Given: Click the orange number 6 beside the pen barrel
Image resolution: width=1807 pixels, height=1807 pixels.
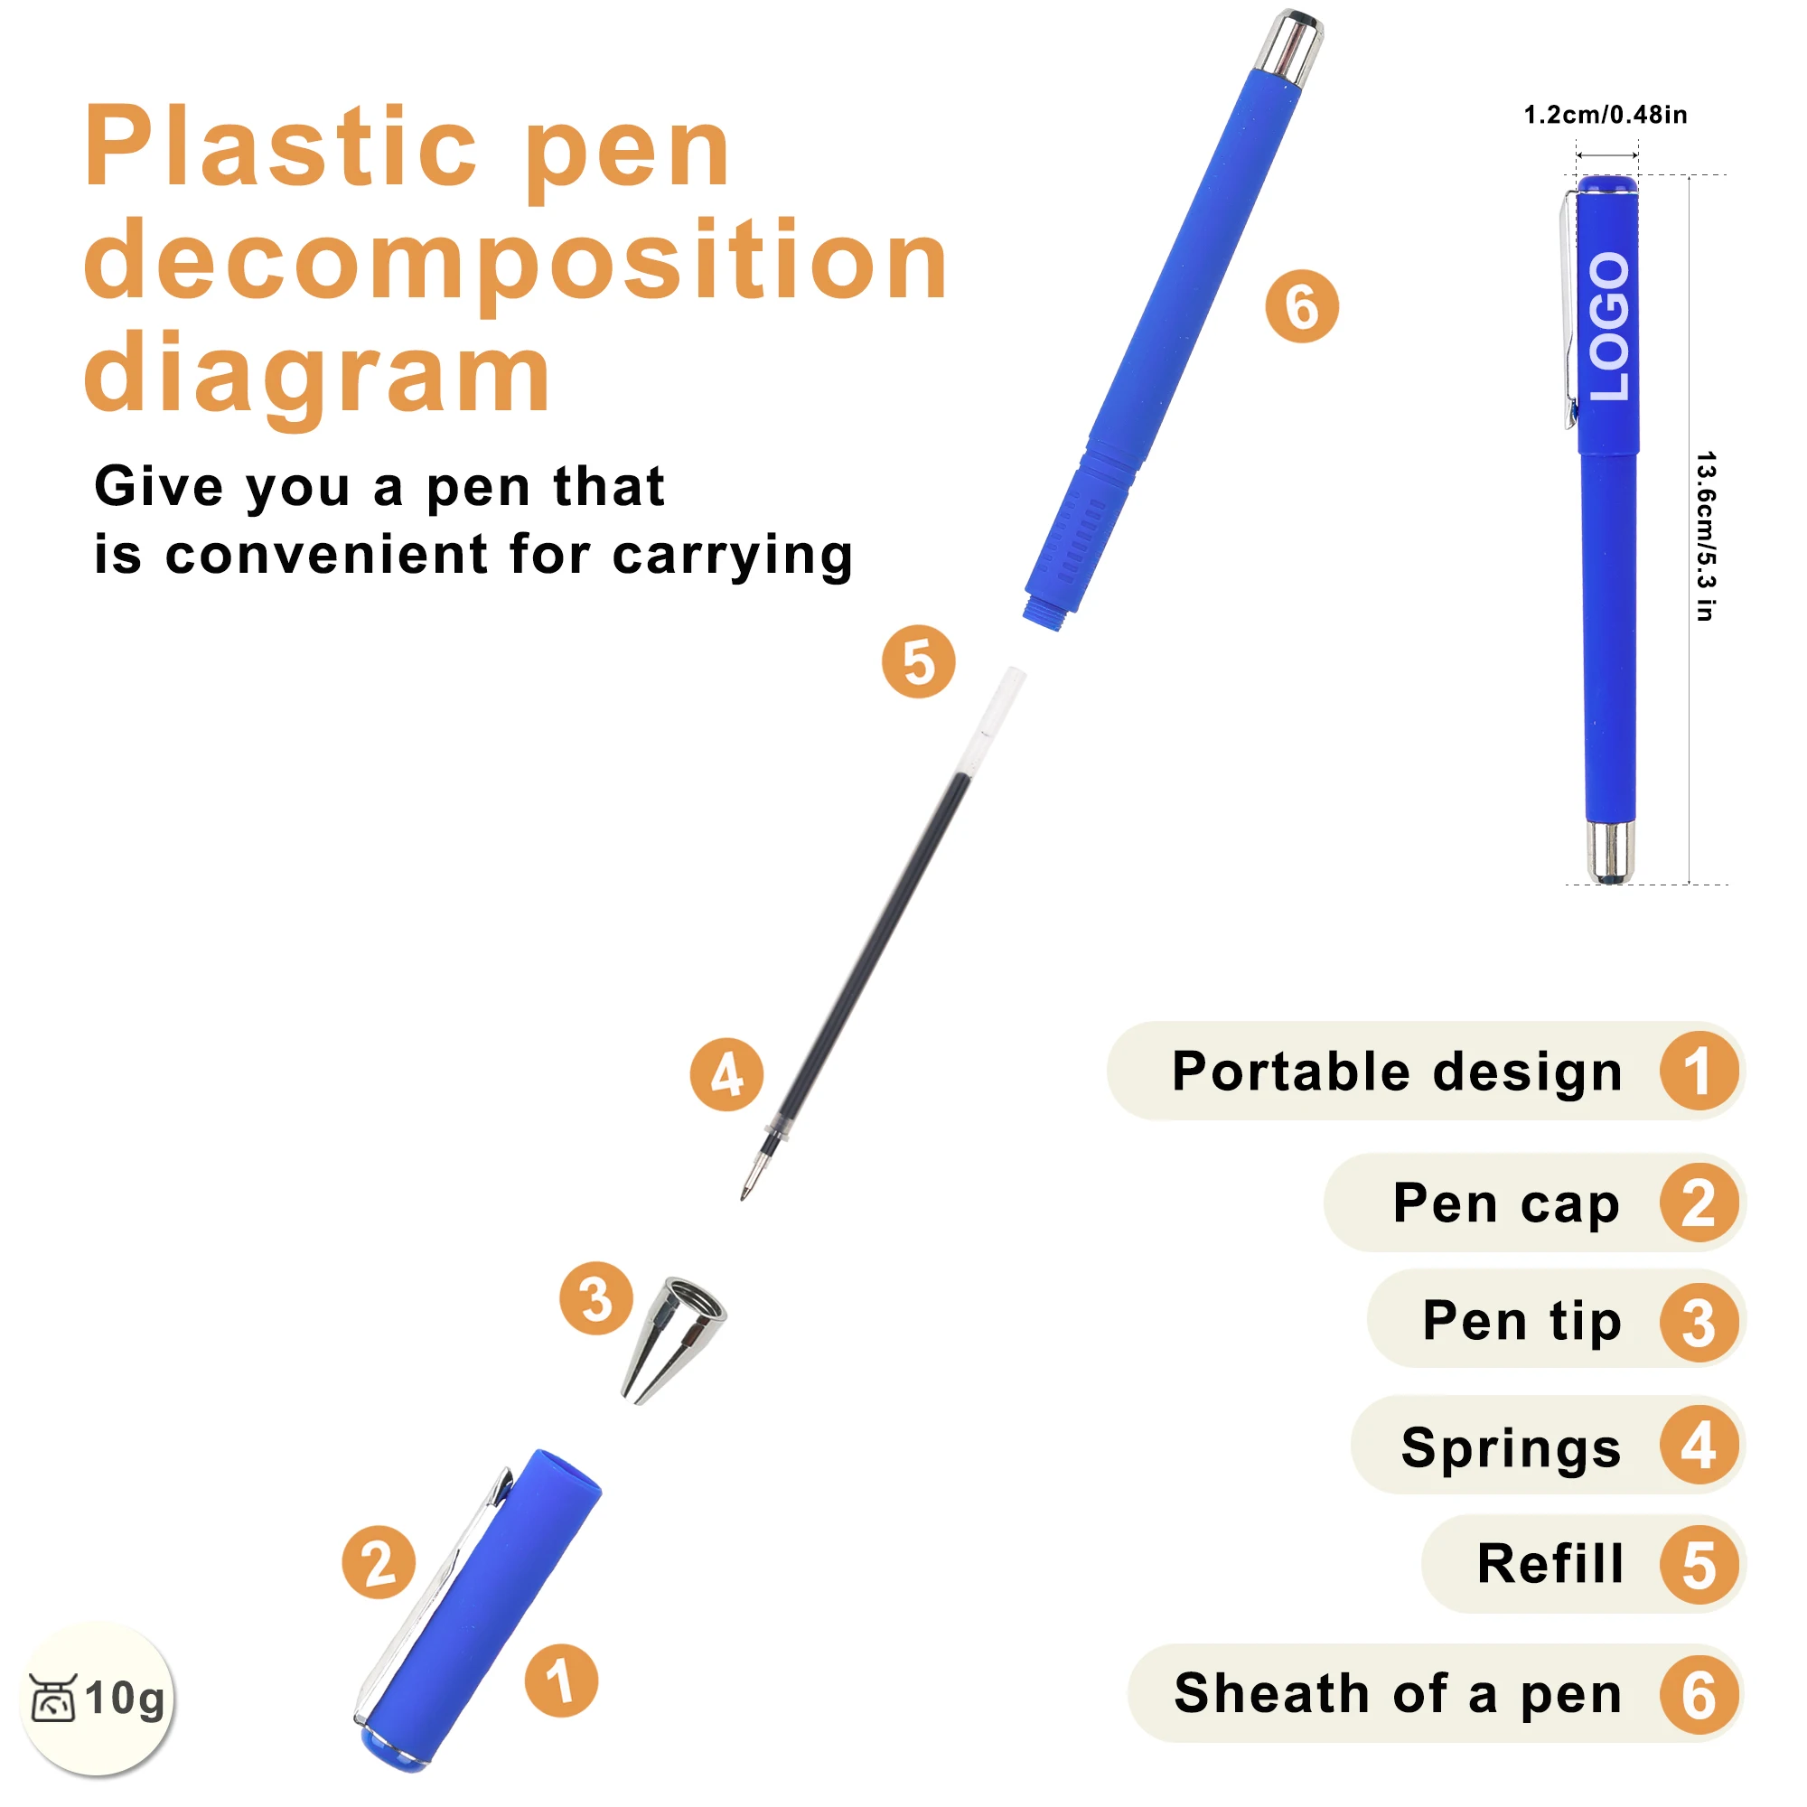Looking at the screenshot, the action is pos(1302,306).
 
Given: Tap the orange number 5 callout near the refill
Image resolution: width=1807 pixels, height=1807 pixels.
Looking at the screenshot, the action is pos(919,661).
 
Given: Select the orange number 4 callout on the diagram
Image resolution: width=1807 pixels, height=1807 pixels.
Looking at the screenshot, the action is pos(726,1074).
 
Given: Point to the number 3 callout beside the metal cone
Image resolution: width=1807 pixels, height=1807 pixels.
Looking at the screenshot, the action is pos(595,1298).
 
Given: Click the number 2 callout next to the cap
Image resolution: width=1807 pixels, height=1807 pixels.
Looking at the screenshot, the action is pos(379,1562).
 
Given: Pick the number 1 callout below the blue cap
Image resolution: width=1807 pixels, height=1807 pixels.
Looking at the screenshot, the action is pos(561,1681).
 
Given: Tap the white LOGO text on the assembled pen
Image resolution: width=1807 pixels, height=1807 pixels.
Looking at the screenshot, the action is pos(1610,326).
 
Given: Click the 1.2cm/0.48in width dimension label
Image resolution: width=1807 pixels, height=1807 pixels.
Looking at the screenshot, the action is pos(1606,115).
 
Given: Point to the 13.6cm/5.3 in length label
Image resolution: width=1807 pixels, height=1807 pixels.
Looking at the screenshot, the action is pos(1705,536).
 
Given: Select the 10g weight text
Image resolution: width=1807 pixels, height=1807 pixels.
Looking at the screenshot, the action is pos(125,1699).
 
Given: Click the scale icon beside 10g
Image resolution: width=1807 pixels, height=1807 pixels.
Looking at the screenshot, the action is pos(53,1698).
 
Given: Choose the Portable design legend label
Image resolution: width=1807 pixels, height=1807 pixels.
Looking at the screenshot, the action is pos(1398,1072).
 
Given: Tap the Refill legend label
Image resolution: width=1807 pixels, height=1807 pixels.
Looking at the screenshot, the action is pos(1550,1563).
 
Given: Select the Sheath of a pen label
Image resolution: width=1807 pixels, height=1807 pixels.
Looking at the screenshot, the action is pos(1399,1694).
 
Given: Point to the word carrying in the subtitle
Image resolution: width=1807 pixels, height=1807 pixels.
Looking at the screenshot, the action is pos(733,556).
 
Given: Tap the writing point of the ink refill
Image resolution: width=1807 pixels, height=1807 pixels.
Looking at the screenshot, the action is pos(744,1197).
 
